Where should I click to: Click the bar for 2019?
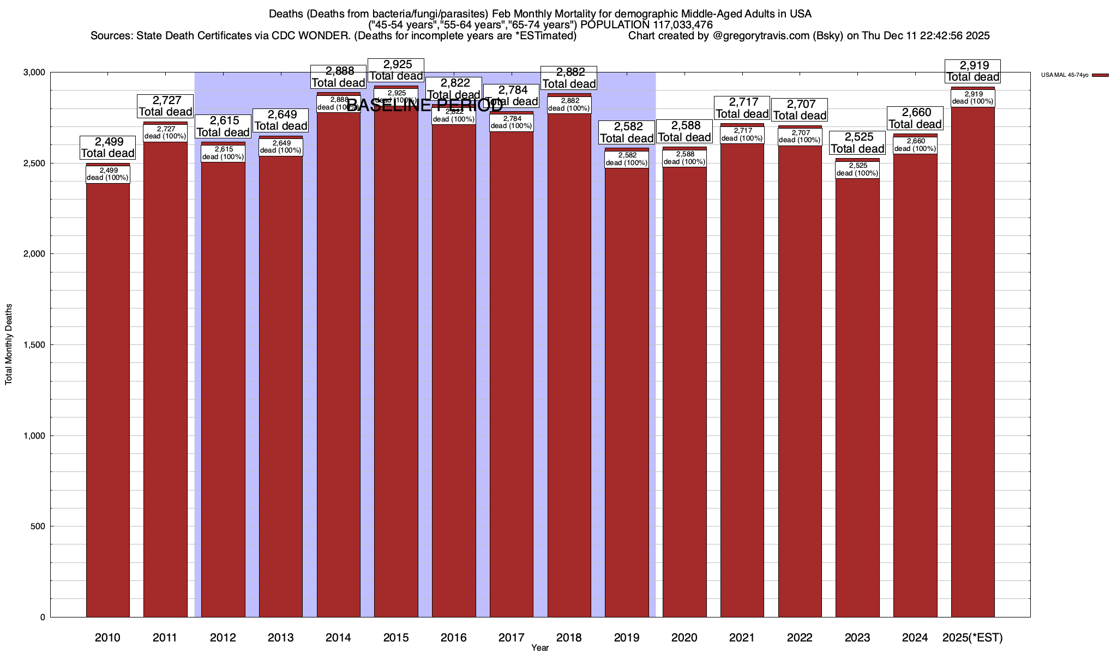[x=627, y=392]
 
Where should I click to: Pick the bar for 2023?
[x=857, y=398]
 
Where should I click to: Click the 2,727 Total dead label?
[x=165, y=106]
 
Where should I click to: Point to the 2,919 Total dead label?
[x=972, y=71]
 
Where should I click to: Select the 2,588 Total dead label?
[x=684, y=131]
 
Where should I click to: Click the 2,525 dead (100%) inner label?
[x=857, y=169]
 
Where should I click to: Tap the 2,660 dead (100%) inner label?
[x=915, y=145]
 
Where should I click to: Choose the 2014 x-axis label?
[x=338, y=638]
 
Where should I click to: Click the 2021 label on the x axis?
[x=742, y=638]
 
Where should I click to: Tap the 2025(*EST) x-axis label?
[x=972, y=638]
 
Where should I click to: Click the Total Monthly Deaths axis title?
[x=9, y=344]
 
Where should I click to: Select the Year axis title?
[x=540, y=648]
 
